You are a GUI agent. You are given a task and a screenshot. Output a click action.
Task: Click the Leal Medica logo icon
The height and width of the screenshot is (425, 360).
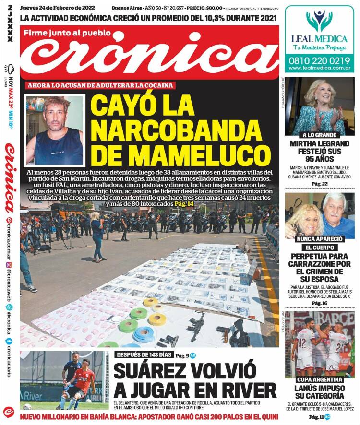[x=319, y=20]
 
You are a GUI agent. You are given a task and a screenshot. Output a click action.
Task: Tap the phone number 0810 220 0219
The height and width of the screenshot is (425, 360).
[x=319, y=60]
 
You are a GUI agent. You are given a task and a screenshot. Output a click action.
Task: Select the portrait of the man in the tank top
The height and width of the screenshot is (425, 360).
[x=55, y=130]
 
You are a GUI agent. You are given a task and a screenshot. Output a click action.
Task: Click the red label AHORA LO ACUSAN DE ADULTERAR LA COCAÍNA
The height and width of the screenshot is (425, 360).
[x=100, y=85]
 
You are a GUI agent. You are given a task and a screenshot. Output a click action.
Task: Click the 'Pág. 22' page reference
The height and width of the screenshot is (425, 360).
[x=319, y=184]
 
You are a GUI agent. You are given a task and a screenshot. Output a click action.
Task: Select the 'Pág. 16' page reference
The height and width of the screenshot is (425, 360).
[x=319, y=303]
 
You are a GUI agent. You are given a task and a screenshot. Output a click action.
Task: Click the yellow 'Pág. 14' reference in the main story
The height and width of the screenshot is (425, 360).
[x=184, y=204]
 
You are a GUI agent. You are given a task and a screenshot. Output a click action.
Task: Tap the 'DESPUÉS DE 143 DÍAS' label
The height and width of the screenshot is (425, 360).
[x=143, y=355]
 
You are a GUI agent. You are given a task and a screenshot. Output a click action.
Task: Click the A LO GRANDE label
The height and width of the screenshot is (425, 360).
[x=319, y=135]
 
